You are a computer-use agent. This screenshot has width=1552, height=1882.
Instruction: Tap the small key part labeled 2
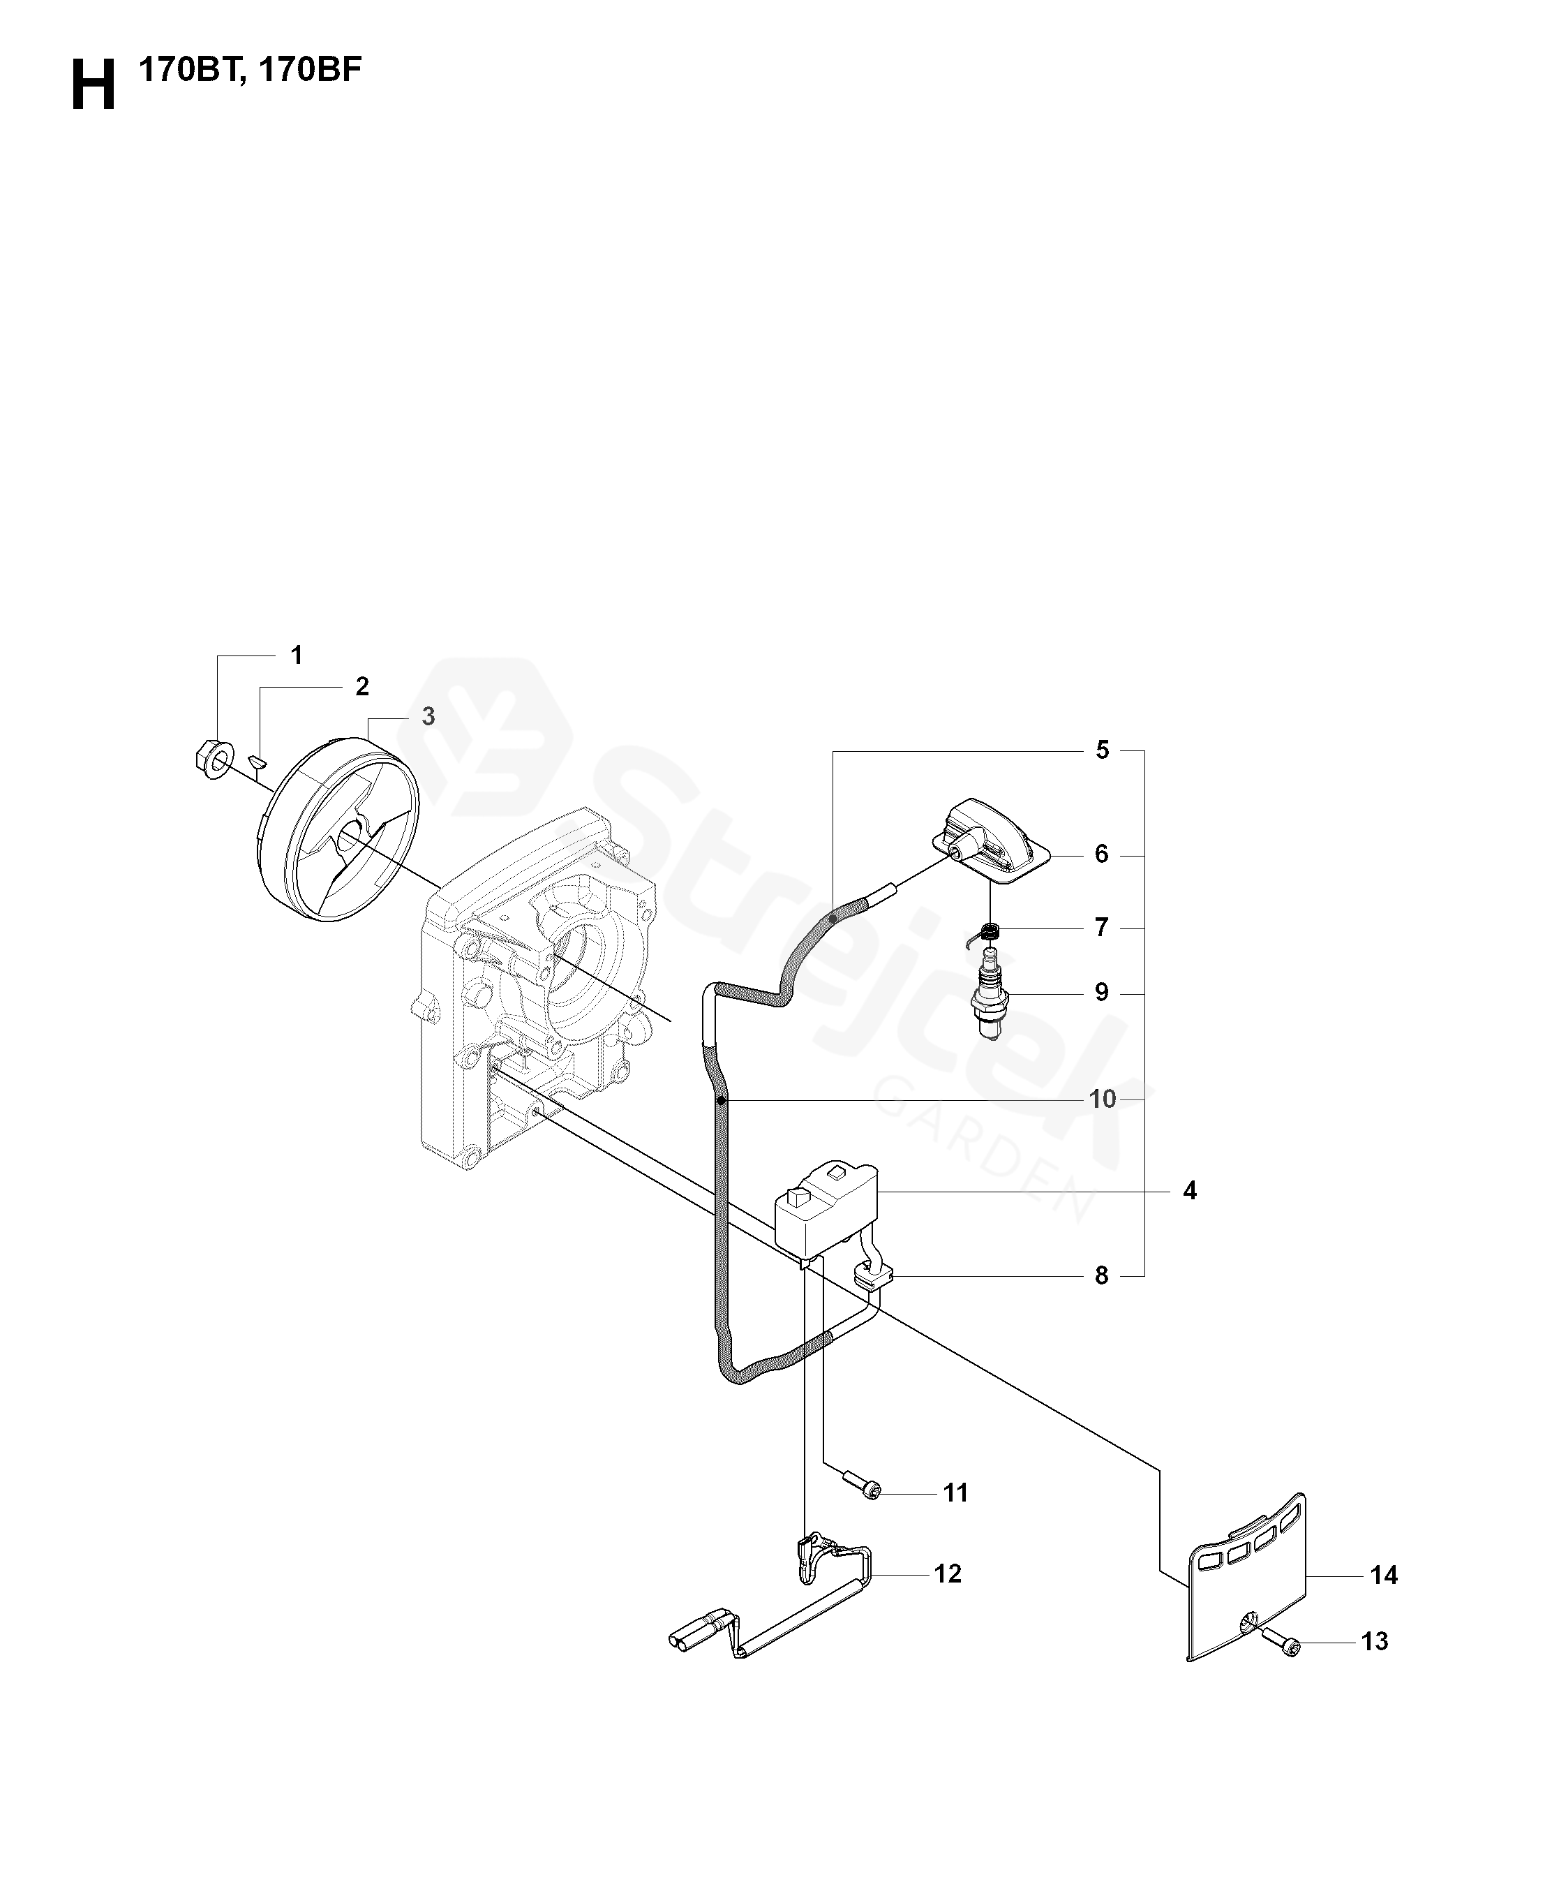point(258,762)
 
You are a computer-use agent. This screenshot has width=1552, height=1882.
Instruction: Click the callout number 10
point(1103,1099)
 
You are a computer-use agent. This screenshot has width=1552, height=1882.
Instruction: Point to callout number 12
point(948,1573)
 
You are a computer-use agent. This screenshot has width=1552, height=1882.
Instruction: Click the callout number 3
point(428,717)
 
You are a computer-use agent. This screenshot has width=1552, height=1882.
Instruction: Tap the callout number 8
point(1101,1276)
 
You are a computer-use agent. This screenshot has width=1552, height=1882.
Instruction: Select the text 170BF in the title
point(311,70)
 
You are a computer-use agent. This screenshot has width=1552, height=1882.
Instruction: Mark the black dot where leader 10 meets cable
point(722,1099)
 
